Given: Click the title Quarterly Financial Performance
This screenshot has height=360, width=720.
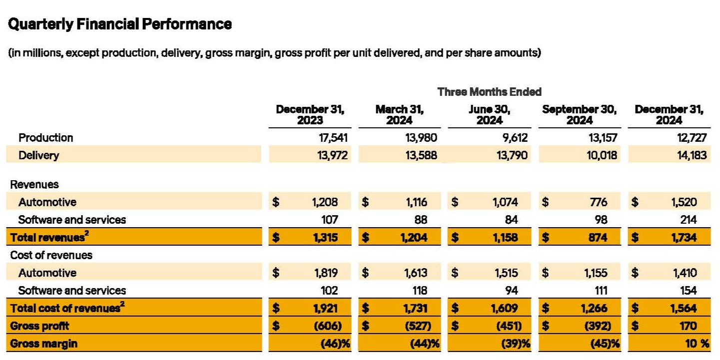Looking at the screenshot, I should (x=120, y=24).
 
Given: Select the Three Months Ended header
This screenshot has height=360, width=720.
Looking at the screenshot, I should (x=489, y=92).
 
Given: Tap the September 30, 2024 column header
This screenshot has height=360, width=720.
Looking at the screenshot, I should (x=579, y=115).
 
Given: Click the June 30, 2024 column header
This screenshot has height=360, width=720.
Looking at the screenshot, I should (x=489, y=115).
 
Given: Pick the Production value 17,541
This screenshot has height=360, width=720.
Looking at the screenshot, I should (x=329, y=138).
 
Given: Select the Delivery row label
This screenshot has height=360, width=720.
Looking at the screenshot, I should (x=38, y=155).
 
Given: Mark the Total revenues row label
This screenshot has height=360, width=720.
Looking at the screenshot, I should (x=46, y=238).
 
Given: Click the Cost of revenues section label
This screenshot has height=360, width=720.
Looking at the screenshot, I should (x=51, y=255).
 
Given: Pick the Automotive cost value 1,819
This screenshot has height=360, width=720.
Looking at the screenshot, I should (x=326, y=273).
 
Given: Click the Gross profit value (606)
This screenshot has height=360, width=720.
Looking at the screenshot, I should (x=327, y=326).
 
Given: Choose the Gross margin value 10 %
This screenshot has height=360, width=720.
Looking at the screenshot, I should (x=696, y=344).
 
